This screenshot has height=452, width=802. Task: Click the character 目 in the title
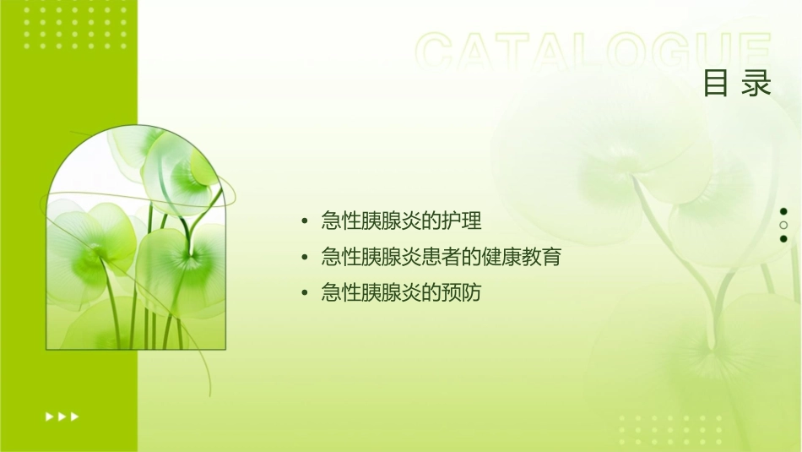[x=716, y=83]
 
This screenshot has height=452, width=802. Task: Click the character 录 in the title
[x=757, y=83]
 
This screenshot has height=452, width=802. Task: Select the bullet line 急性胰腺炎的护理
[x=401, y=221]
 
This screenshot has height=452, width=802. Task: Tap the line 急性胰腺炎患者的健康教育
[x=441, y=257]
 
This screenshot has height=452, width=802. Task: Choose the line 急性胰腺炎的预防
[x=401, y=293]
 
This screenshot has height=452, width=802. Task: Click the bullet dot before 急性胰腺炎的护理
[x=305, y=222]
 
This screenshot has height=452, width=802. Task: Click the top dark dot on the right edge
[x=783, y=211]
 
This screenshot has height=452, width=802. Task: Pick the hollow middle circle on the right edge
[x=783, y=226]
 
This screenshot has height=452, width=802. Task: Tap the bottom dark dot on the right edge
[x=783, y=239]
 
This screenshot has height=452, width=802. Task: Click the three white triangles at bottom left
[x=62, y=416]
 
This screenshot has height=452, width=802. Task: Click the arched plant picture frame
[x=136, y=238]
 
